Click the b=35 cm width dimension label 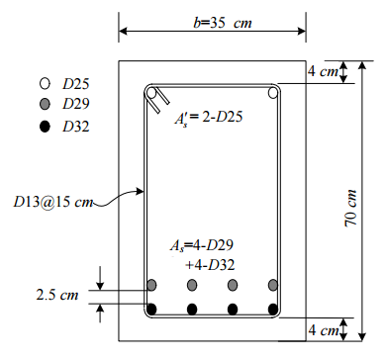click(x=223, y=23)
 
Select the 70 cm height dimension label click(x=350, y=208)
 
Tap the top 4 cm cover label click(x=323, y=70)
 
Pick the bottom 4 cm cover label click(x=323, y=329)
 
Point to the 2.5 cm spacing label click(x=57, y=295)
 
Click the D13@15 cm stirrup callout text click(x=52, y=202)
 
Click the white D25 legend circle click(x=45, y=84)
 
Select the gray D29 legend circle click(x=45, y=104)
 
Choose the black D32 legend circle click(x=45, y=127)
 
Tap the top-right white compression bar click(x=273, y=93)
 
